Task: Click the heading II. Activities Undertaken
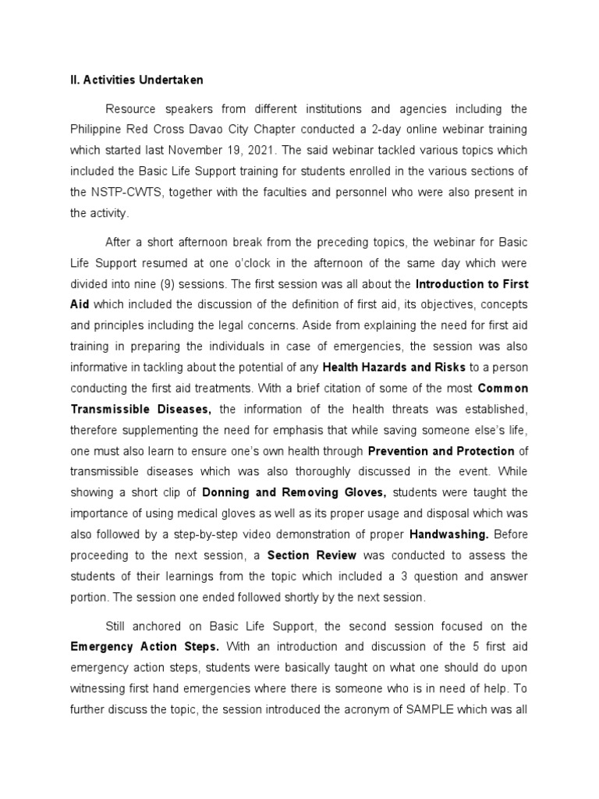pos(137,80)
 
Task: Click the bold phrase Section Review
pos(312,556)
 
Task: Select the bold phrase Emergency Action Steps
pos(145,647)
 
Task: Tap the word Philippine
pos(98,128)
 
